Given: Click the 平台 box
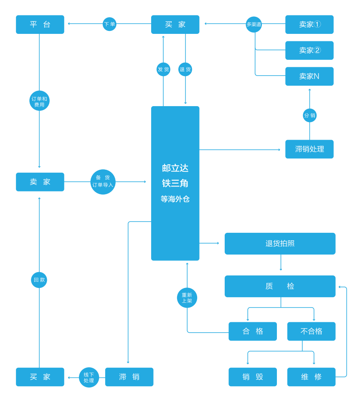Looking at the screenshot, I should pos(40,24).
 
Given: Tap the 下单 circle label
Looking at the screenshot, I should pos(109,24).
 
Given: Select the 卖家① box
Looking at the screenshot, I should pos(309,24).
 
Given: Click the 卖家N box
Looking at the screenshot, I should pos(309,76).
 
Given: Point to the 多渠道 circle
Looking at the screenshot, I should pos(254,24).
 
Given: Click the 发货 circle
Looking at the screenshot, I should pos(163,69).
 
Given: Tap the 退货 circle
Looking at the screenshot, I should pos(185,69).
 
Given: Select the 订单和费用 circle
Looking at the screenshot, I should pos(39,101).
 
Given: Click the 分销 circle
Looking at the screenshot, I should pos(309,115).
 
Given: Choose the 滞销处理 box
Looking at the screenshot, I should pos(309,149).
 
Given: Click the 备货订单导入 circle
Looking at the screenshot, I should pos(103,182).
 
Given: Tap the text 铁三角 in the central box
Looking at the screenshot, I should pos(175,183).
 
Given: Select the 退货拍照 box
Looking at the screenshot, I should pos(280,244).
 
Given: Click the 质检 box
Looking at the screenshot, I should pos(280,286).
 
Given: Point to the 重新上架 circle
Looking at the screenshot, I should pos(187,298).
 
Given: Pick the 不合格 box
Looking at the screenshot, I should pos(311,331).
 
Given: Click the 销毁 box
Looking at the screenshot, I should pos(253,377).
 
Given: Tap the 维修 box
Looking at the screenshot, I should pos(311,377).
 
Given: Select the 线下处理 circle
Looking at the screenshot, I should pos(89,377).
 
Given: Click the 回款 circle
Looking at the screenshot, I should pos(39,280).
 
